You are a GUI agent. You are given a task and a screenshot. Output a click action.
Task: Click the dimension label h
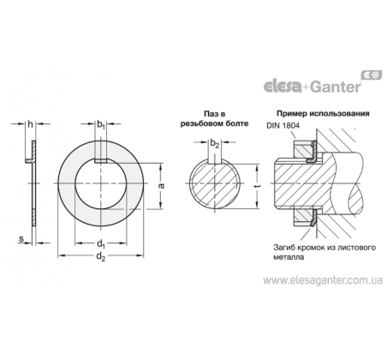point(31,124)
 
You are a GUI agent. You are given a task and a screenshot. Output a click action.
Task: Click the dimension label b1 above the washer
point(101,124)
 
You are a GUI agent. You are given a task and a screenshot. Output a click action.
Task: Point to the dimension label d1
point(101,244)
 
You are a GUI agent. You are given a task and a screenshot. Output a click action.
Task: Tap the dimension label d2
point(101,256)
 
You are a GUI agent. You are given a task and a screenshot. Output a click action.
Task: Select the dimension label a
point(161,186)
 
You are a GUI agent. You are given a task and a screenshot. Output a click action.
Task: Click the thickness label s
point(21,239)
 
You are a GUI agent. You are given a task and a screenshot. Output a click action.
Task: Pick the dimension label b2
point(215,143)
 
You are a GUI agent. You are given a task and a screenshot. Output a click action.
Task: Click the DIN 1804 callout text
point(283,126)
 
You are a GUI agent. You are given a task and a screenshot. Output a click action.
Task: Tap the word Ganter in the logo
point(336,87)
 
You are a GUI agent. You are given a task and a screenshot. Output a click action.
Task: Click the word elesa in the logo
point(283,87)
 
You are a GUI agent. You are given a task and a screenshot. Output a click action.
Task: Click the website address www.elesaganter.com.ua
point(323,280)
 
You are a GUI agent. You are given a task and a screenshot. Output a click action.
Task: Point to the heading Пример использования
point(323,113)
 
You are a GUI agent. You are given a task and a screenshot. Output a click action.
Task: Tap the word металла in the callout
point(289,257)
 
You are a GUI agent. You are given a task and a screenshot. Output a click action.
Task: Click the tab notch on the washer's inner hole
point(101,161)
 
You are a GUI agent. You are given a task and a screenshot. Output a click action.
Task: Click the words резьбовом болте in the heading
point(214,123)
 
